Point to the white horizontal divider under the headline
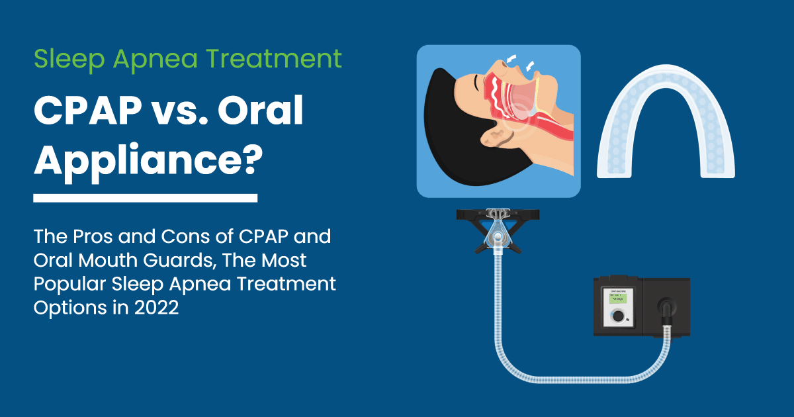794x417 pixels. pyautogui.click(x=145, y=198)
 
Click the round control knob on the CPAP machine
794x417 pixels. pyautogui.click(x=617, y=317)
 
